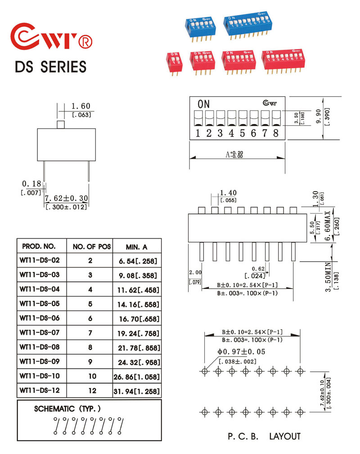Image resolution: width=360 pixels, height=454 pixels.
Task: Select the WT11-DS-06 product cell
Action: [40, 318]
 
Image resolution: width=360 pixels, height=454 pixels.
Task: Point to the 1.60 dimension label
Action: [81, 106]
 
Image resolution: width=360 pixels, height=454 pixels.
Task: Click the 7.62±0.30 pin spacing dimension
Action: [66, 198]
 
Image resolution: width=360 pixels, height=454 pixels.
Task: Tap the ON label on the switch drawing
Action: [203, 104]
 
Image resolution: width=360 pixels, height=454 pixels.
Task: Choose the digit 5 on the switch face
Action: [242, 133]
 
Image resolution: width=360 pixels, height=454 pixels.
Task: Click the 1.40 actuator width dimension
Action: [228, 193]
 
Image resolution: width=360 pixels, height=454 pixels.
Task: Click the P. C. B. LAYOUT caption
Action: [264, 436]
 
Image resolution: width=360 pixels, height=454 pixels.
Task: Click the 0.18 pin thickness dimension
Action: [31, 184]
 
